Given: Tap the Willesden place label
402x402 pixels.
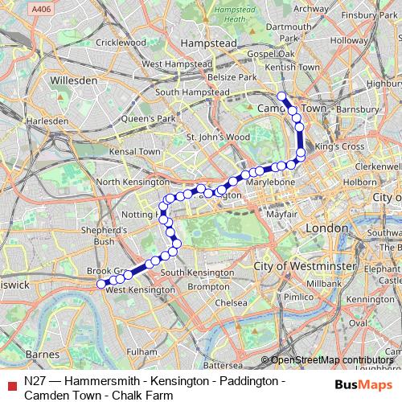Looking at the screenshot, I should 73,81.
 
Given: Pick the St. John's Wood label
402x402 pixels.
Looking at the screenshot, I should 219,137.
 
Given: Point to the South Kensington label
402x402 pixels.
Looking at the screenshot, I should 193,273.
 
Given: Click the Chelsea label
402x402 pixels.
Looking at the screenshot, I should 231,303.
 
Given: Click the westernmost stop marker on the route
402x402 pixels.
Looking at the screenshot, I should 101,284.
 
